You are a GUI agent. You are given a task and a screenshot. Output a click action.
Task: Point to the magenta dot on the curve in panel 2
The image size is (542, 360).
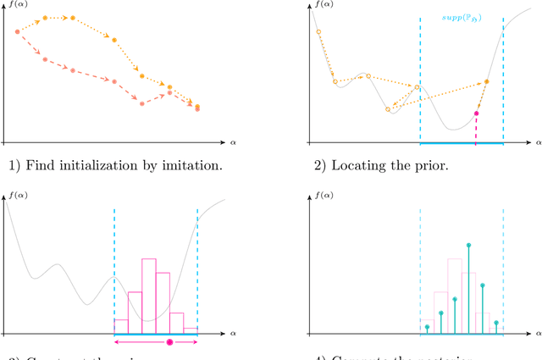(x=477, y=113)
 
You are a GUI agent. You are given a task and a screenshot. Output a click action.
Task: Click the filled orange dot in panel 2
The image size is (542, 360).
(x=486, y=82)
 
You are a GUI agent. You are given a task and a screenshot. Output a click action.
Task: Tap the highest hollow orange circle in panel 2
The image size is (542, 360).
(x=318, y=32)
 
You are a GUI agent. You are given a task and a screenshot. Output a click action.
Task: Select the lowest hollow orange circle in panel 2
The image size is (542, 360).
(x=388, y=109)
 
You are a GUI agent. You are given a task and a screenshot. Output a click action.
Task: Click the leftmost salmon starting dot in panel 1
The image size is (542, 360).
(x=17, y=31)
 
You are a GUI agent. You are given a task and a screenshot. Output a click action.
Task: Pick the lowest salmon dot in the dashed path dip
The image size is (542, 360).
(x=141, y=103)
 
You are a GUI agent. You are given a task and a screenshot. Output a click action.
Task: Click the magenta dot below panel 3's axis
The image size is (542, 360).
(x=169, y=342)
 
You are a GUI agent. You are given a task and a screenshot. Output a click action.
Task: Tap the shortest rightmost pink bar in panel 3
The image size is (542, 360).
(x=190, y=330)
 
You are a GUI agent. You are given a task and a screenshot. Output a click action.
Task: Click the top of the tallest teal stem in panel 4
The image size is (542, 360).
(x=468, y=246)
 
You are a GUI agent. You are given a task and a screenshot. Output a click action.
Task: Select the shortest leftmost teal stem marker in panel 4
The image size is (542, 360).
(x=428, y=326)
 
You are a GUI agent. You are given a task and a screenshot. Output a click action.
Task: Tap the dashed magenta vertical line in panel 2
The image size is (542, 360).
(x=476, y=129)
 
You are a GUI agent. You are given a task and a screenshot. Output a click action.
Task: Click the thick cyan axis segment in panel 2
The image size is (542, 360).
(x=462, y=142)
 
